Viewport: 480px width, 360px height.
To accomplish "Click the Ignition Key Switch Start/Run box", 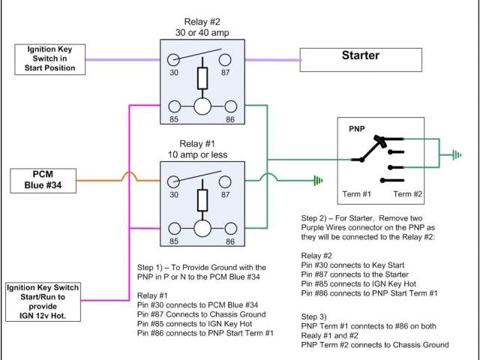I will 43,299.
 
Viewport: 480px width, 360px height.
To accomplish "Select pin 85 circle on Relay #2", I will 173,105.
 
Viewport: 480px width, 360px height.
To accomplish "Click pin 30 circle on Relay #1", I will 173,181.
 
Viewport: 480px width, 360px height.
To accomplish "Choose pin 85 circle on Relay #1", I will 173,229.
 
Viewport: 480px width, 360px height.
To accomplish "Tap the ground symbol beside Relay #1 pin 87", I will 319,181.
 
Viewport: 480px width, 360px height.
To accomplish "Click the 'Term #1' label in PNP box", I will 357,194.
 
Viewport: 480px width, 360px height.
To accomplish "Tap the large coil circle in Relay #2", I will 202,105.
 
